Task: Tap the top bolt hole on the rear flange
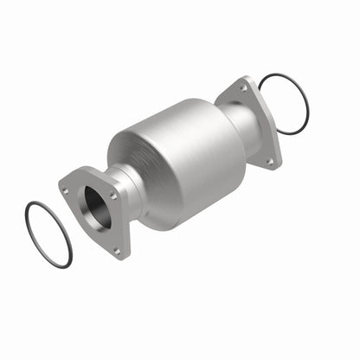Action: (243, 87)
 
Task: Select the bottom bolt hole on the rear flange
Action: (269, 160)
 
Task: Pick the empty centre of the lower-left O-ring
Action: (48, 234)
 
